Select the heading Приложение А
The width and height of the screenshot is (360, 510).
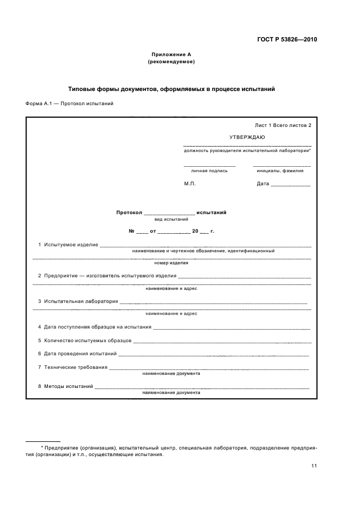(x=171, y=54)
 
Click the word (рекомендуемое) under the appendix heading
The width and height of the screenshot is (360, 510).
(x=171, y=62)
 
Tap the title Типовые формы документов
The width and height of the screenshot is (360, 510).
(x=171, y=88)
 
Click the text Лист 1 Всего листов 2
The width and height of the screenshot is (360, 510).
(x=283, y=125)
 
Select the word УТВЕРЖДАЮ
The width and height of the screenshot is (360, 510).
(x=247, y=137)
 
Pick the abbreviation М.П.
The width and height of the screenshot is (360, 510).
(x=190, y=184)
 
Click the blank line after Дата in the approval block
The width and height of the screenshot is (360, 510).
(x=290, y=185)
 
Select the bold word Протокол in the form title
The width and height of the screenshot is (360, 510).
(x=129, y=212)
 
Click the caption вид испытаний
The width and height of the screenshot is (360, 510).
(x=172, y=219)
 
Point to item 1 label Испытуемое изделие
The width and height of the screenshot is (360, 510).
(x=71, y=245)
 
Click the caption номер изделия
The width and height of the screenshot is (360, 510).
(x=171, y=263)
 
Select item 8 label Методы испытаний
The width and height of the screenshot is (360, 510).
(x=69, y=386)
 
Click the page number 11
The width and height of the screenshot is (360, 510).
(x=314, y=466)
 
